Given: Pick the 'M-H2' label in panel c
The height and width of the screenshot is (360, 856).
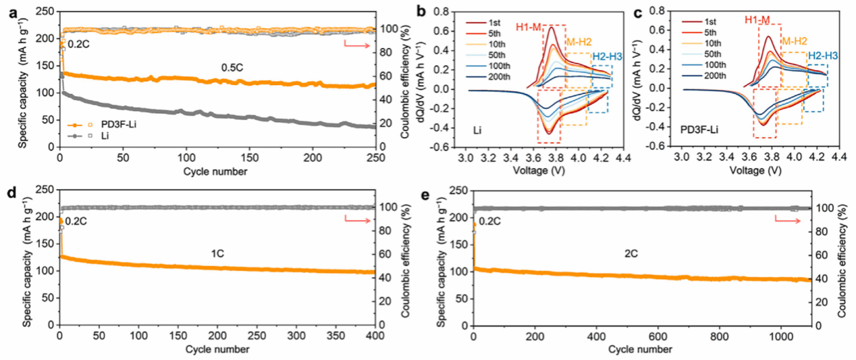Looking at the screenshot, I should point(793,41).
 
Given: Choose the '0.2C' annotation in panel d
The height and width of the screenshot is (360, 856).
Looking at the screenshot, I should point(76,220).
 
